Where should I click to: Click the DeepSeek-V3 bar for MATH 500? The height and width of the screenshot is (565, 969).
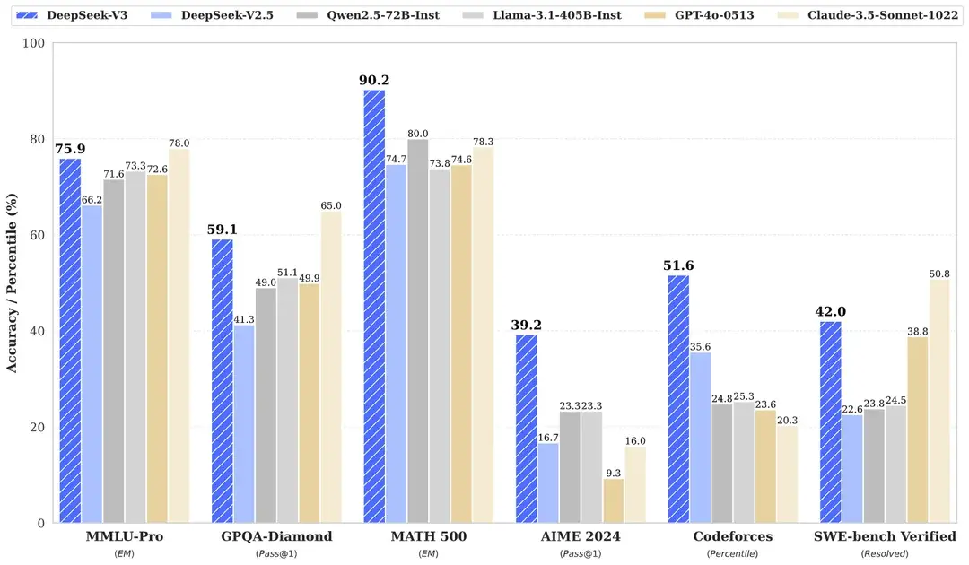point(374,306)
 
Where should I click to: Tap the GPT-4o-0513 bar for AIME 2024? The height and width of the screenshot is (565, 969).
point(614,500)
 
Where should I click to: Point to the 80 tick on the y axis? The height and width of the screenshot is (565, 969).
point(36,139)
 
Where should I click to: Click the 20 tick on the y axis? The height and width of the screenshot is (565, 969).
point(36,427)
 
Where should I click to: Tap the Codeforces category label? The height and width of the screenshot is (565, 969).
point(732,536)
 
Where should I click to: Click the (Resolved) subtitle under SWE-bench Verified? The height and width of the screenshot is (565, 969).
point(885,554)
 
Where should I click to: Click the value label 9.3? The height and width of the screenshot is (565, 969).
point(614,472)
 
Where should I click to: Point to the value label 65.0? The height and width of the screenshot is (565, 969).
point(330,205)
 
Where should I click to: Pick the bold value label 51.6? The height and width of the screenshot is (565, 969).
point(678,265)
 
